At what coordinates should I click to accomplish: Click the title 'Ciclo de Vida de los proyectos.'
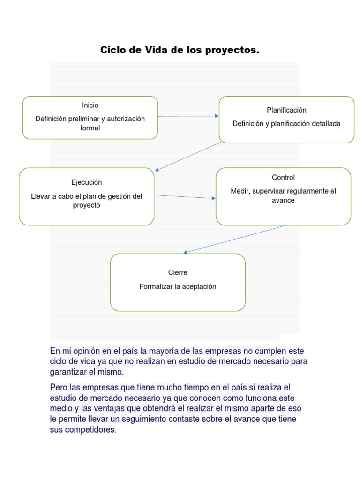pos(180,50)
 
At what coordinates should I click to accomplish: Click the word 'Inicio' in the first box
pos(90,105)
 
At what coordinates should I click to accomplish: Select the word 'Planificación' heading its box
pos(286,110)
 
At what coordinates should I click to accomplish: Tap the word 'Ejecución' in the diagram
pos(86,182)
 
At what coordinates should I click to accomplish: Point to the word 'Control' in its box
pos(283,178)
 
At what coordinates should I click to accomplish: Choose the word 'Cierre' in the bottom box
pos(178,272)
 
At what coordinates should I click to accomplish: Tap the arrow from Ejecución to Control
pos(185,197)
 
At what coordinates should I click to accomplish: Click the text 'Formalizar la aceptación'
pos(178,286)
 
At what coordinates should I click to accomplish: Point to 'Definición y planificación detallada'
pos(286,124)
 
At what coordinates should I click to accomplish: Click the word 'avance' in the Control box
pos(283,201)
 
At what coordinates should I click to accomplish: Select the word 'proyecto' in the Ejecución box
pos(86,205)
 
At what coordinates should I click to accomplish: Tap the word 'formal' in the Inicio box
pos(90,128)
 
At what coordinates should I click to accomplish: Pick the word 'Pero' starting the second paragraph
pos(59,387)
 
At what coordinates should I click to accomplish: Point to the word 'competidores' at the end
pos(89,429)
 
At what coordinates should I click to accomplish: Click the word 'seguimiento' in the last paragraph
pos(133,419)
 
